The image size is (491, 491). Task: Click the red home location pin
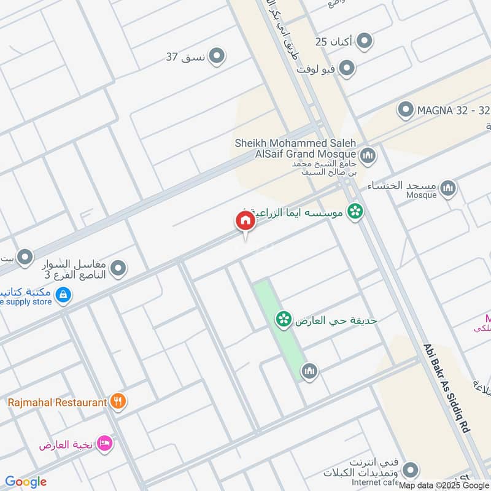245,221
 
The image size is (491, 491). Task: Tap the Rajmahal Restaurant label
57,403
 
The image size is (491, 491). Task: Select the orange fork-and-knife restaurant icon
119,402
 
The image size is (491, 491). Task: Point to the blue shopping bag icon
63,296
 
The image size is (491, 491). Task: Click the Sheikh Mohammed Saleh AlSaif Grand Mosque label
295,148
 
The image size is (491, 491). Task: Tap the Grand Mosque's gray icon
368,153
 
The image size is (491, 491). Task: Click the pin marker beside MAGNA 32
405,110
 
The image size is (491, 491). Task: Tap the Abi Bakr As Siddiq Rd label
447,389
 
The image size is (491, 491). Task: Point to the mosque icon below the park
309,370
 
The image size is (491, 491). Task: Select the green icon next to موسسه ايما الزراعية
355,212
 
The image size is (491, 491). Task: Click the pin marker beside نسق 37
217,56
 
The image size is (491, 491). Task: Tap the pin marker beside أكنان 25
365,41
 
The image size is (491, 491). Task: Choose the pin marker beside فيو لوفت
347,68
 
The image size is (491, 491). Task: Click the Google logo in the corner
26,482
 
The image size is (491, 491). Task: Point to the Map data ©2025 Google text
444,484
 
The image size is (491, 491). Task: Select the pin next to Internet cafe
411,471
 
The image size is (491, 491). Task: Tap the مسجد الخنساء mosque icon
449,187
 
